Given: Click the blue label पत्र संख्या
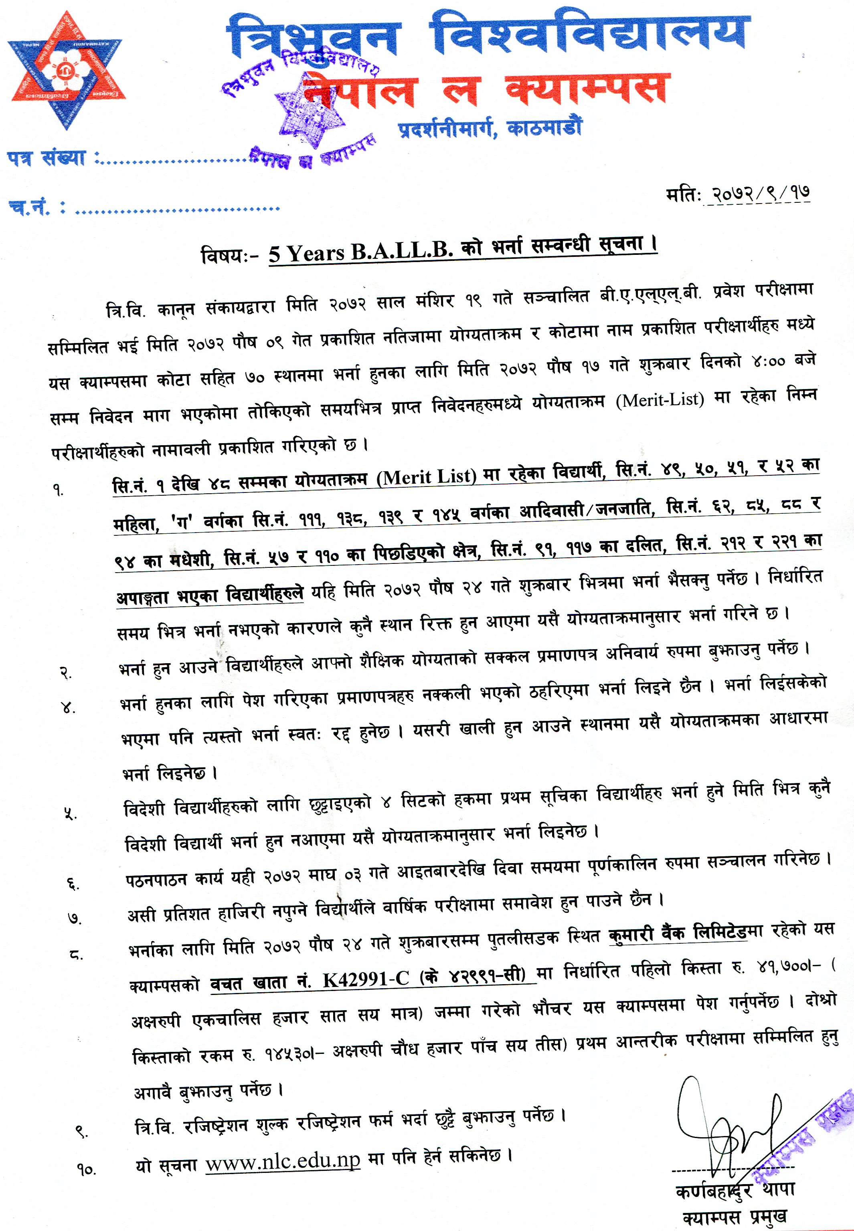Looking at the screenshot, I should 47,158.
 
